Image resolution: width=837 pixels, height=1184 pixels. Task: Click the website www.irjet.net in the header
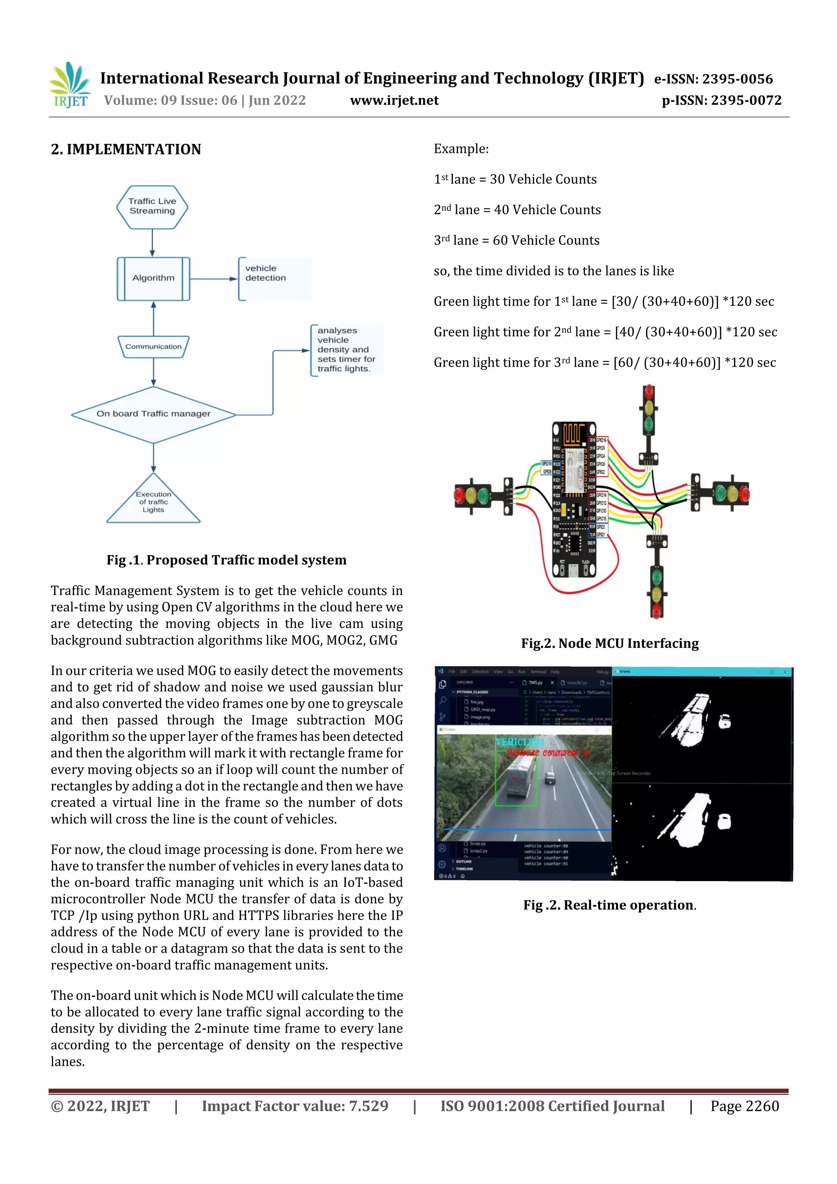point(394,101)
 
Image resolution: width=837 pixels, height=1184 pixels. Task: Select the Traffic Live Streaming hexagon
point(152,207)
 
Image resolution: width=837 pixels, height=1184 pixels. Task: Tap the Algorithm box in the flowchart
point(153,278)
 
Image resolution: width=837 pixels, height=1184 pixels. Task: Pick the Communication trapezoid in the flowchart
point(153,347)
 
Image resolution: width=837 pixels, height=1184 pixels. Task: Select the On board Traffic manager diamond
point(153,414)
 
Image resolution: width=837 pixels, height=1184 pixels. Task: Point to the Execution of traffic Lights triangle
point(153,502)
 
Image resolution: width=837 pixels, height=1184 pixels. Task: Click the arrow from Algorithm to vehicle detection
point(213,279)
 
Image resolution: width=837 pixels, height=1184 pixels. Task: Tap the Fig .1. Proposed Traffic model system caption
point(226,560)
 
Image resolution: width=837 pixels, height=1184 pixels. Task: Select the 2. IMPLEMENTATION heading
point(126,150)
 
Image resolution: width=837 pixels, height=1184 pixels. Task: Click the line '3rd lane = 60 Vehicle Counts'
point(516,240)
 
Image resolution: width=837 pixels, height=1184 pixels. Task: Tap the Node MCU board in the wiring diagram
point(573,499)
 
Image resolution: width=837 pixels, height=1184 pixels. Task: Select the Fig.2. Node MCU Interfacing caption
point(610,644)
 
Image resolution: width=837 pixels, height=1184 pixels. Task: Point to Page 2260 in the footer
point(744,1106)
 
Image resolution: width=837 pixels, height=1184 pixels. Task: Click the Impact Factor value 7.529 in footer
point(295,1106)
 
